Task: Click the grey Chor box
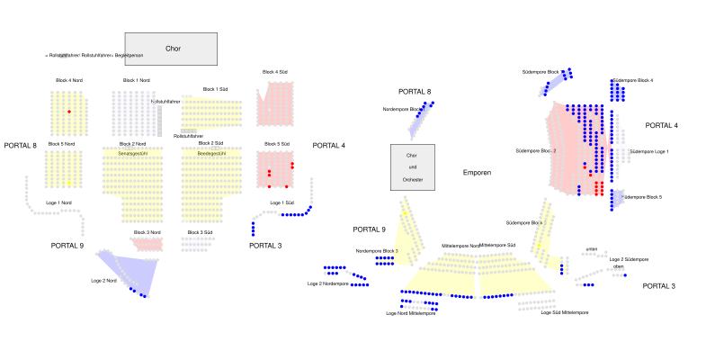point(172,49)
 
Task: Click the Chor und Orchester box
point(413,166)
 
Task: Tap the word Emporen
point(478,172)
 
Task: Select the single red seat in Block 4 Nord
point(68,111)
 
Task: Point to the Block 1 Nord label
point(137,81)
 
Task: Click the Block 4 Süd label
point(275,72)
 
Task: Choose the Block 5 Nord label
point(61,144)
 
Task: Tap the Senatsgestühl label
point(132,153)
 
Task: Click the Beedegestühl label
point(211,153)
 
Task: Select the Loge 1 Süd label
point(282,202)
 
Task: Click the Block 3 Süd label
point(200,232)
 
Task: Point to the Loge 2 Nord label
point(104,282)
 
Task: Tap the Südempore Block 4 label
point(632,80)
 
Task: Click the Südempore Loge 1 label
point(648,151)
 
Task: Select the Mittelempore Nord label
point(460,245)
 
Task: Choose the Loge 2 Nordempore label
point(327,283)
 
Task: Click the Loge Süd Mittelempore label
point(564,312)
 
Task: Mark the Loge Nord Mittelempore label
point(410,313)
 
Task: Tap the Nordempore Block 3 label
point(377,251)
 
